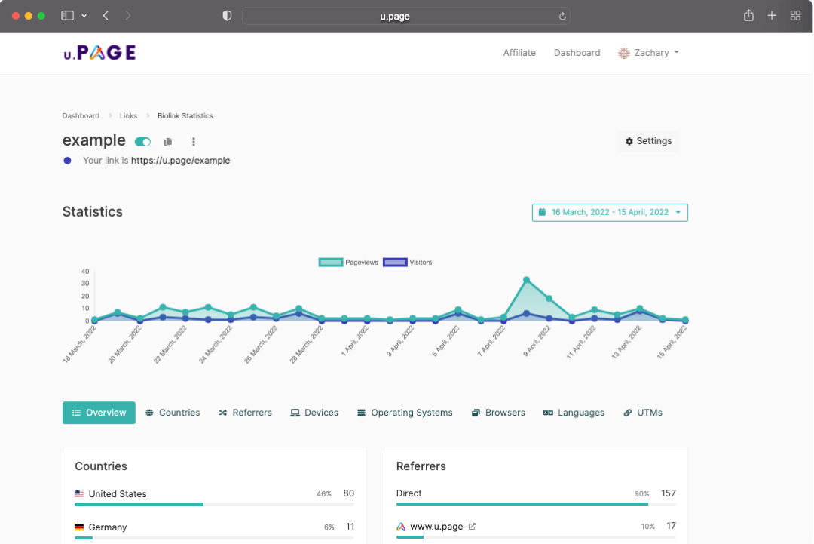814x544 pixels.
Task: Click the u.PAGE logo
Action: click(x=99, y=53)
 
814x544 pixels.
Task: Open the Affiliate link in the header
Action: click(x=519, y=53)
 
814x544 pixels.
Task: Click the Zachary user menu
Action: click(x=648, y=53)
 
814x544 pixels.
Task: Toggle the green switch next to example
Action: click(x=142, y=142)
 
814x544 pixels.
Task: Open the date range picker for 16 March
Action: click(x=610, y=213)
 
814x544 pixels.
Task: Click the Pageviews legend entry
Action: click(x=348, y=263)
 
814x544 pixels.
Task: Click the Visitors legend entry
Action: click(x=408, y=263)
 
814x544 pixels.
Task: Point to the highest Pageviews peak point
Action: click(x=526, y=280)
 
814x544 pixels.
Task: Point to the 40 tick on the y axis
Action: click(x=85, y=271)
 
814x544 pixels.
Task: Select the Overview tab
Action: click(x=99, y=413)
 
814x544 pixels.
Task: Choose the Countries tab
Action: click(x=173, y=413)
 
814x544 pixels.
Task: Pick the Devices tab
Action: click(x=314, y=413)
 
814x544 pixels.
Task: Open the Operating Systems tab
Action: click(x=405, y=413)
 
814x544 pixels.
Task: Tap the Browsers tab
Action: click(x=498, y=413)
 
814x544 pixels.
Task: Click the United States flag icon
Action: click(x=79, y=493)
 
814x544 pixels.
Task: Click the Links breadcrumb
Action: click(x=128, y=116)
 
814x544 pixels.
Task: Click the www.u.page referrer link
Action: click(x=436, y=527)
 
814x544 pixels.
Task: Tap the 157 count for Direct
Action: click(x=669, y=493)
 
